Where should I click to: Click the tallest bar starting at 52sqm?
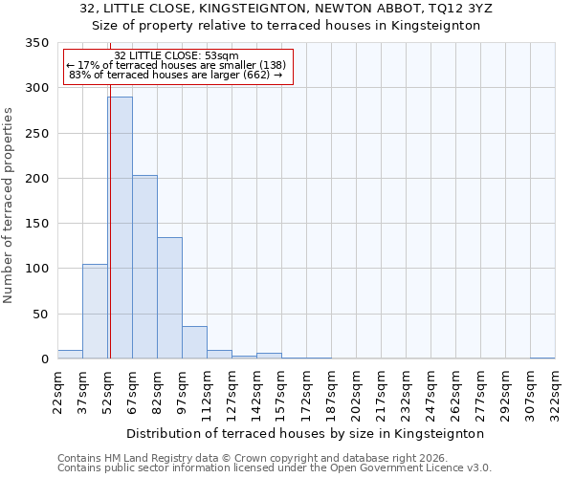(120, 228)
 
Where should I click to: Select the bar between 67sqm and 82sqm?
(144, 267)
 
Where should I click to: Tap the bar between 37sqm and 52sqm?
(95, 312)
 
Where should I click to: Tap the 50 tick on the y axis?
(39, 315)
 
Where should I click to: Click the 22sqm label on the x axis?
(58, 392)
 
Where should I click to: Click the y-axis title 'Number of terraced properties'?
(9, 206)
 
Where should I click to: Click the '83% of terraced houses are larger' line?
(176, 75)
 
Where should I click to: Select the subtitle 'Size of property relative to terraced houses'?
(286, 26)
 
